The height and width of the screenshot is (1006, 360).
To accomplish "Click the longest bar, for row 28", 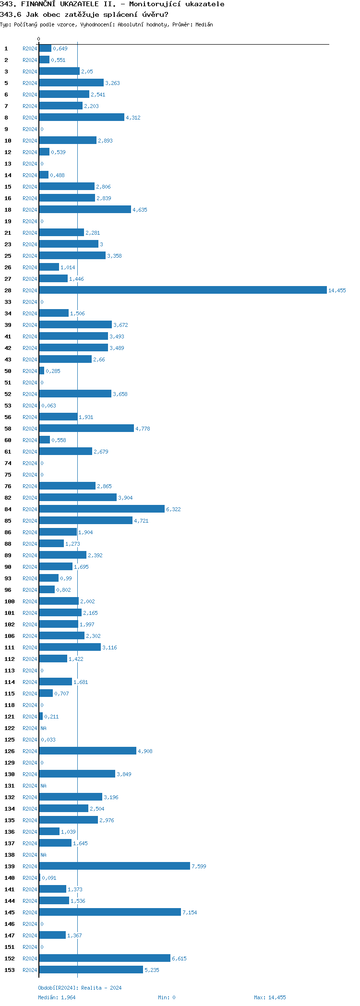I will pyautogui.click(x=182, y=290).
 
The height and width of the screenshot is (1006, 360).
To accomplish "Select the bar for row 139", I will pyautogui.click(x=114, y=866).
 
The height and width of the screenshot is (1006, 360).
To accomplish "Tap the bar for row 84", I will pyautogui.click(x=101, y=509).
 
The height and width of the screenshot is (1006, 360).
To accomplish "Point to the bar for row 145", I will pyautogui.click(x=109, y=912).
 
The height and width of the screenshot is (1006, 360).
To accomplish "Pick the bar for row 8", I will pyautogui.click(x=81, y=117).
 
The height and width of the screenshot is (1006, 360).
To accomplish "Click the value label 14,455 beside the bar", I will pyautogui.click(x=336, y=290).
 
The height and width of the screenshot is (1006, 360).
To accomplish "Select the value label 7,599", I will pyautogui.click(x=199, y=866).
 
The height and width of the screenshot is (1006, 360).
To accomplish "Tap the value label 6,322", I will pyautogui.click(x=173, y=509).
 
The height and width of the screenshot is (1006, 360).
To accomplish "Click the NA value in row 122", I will pyautogui.click(x=43, y=728).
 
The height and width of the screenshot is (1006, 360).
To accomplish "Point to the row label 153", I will pyautogui.click(x=10, y=970).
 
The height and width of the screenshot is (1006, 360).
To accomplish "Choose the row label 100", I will pyautogui.click(x=10, y=601).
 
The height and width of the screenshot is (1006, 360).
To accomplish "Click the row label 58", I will pyautogui.click(x=8, y=429).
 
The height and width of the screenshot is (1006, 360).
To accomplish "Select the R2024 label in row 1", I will pyautogui.click(x=30, y=48).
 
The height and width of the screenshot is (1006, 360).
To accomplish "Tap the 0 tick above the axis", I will pyautogui.click(x=39, y=39).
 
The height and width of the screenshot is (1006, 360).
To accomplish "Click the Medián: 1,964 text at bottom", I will pyautogui.click(x=57, y=997).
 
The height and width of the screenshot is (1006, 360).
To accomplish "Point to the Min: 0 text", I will pyautogui.click(x=167, y=997).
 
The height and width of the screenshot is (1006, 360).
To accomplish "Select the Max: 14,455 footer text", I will pyautogui.click(x=270, y=997).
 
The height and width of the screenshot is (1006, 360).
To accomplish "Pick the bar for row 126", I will pyautogui.click(x=87, y=751).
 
